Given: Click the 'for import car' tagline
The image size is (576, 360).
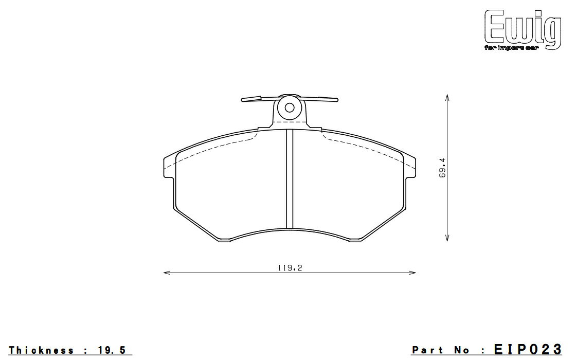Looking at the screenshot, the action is pos(511,48).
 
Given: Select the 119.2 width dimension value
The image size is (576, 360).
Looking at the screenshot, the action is pos(290,268).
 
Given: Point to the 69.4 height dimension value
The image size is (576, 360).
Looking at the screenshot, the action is pos(442,168).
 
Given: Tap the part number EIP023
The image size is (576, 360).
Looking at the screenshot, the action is pos(528,349).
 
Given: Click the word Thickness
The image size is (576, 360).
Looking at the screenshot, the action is pos(41,350).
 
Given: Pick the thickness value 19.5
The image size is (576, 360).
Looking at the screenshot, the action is pos(112,350).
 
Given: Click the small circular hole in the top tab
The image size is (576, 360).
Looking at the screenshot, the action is pos(290,107).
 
